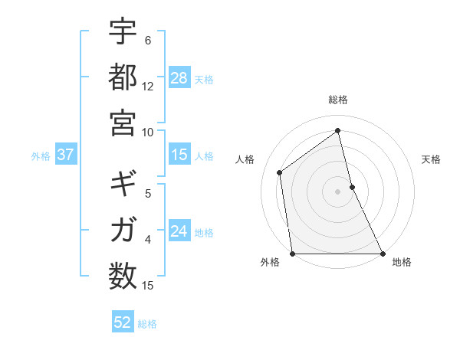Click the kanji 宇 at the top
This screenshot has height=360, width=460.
[123, 33]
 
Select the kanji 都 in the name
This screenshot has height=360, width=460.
[123, 77]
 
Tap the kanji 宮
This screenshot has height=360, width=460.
[123, 123]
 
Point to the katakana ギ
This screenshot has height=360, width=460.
[123, 185]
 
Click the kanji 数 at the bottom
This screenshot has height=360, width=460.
[123, 274]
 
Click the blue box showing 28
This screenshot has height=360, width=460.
[179, 78]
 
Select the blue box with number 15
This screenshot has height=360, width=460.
[179, 155]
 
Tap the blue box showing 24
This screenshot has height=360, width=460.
[179, 232]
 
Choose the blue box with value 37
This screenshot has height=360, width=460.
[65, 155]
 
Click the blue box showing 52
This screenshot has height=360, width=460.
[123, 322]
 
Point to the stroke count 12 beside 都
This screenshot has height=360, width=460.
[148, 87]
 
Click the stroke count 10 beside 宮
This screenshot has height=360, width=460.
[148, 132]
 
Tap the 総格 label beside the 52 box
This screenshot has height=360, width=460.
[147, 324]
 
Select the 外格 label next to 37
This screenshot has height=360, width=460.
[41, 156]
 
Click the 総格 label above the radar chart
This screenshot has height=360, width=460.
[338, 100]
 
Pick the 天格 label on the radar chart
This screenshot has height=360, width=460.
[432, 159]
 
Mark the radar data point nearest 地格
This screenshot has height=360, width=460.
[382, 253]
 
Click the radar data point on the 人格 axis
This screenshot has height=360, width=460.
[280, 172]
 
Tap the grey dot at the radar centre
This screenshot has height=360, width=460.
[338, 191]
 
